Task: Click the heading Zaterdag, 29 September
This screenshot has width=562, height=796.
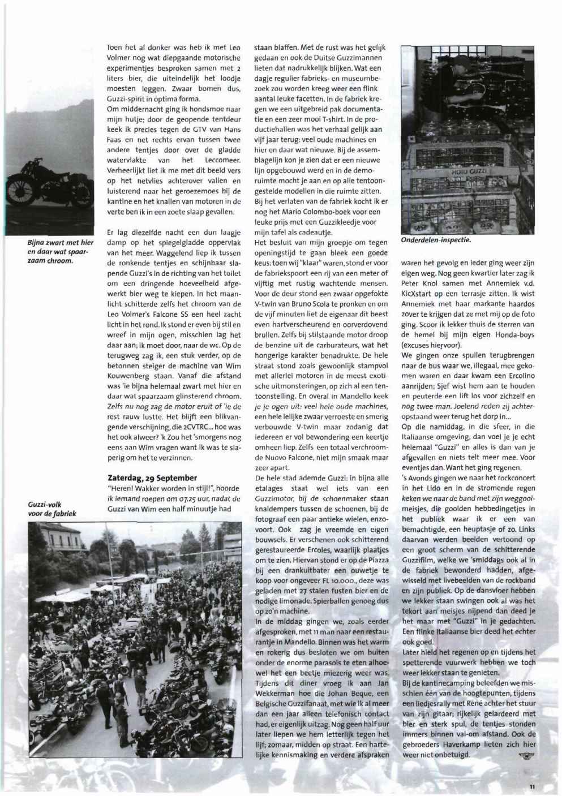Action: [152, 477]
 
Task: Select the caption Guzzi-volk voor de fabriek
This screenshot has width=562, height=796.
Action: [52, 509]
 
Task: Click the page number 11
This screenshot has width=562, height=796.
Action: [532, 786]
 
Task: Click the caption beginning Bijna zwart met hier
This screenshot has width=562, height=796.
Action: [52, 252]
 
